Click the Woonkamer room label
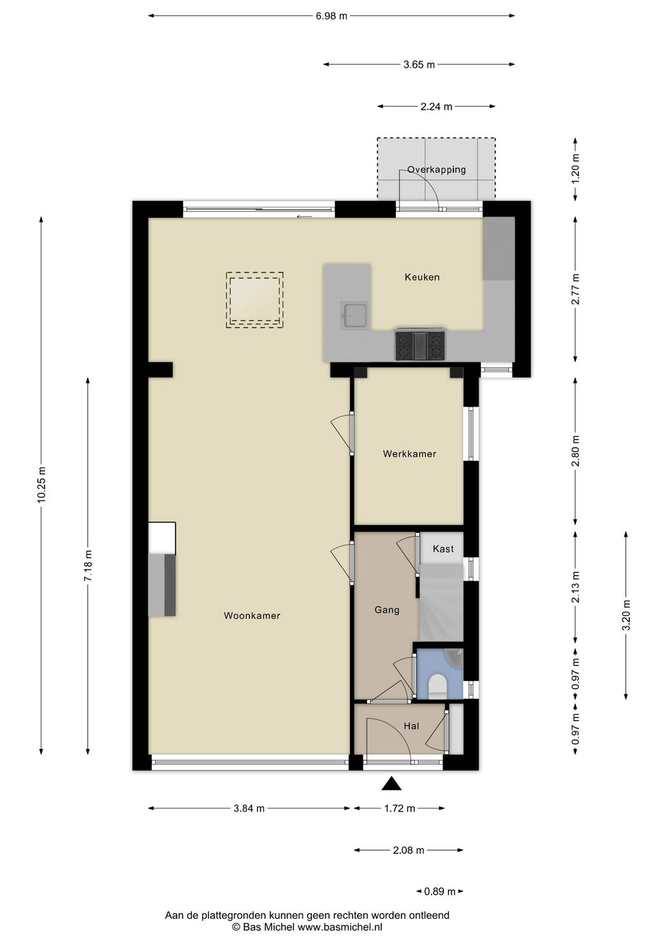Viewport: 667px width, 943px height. [x=251, y=615]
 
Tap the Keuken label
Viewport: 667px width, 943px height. [x=422, y=277]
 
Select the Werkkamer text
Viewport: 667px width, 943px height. [x=409, y=454]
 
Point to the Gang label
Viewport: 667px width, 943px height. [x=387, y=609]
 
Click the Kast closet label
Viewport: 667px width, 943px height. [x=443, y=549]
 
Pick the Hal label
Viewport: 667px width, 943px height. [x=411, y=726]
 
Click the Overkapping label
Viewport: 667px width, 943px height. [x=437, y=170]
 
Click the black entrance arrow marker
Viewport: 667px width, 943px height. [x=392, y=783]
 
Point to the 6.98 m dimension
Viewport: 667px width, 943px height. [x=332, y=16]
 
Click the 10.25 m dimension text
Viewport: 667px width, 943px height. [x=41, y=485]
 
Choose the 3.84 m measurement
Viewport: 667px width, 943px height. [x=249, y=808]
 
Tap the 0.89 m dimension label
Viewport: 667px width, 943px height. [x=440, y=891]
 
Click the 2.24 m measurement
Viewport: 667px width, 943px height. [x=437, y=106]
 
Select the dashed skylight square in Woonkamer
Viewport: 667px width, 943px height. [x=254, y=300]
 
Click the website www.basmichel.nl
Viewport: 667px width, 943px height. [x=340, y=926]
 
